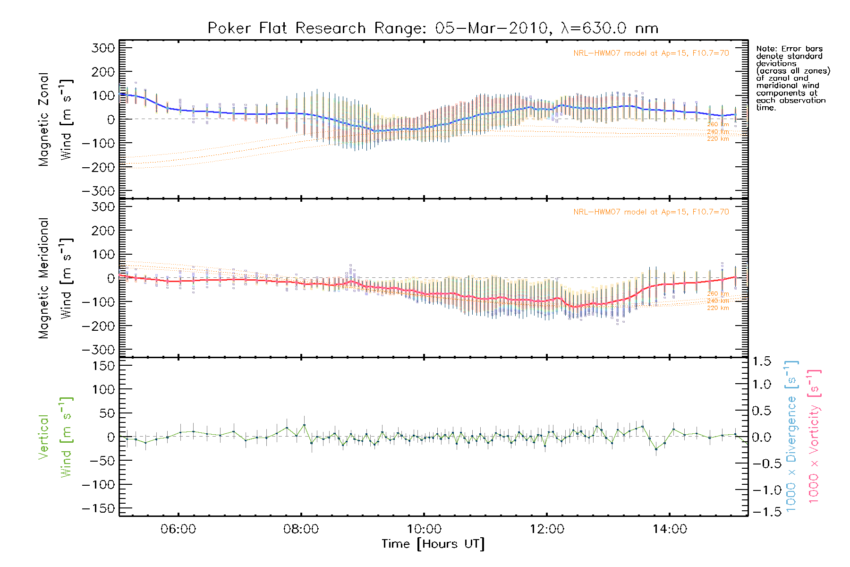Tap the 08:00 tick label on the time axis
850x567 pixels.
pyautogui.click(x=301, y=529)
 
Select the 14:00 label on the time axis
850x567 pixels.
pyautogui.click(x=670, y=529)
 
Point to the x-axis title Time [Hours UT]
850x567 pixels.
pyautogui.click(x=433, y=544)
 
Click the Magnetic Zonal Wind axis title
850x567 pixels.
pyautogui.click(x=55, y=120)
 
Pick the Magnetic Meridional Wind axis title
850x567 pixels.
pyautogui.click(x=55, y=278)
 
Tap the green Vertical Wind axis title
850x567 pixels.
pyautogui.click(x=55, y=437)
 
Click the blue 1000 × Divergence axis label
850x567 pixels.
pyautogui.click(x=791, y=437)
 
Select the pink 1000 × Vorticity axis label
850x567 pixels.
pyautogui.click(x=814, y=437)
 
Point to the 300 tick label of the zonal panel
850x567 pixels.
pyautogui.click(x=103, y=48)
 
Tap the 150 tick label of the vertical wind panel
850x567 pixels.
pyautogui.click(x=103, y=366)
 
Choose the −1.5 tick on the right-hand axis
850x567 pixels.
pyautogui.click(x=761, y=512)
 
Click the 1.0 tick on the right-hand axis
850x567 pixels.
pyautogui.click(x=762, y=384)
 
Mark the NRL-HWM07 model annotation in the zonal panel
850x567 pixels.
pyautogui.click(x=651, y=53)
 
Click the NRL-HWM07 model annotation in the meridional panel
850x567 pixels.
pyautogui.click(x=651, y=212)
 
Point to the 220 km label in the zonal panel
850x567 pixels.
pyautogui.click(x=718, y=139)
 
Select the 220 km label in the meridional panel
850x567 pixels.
pyautogui.click(x=718, y=308)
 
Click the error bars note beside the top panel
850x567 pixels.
pyautogui.click(x=793, y=78)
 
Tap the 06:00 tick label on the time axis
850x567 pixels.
pyautogui.click(x=178, y=529)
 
